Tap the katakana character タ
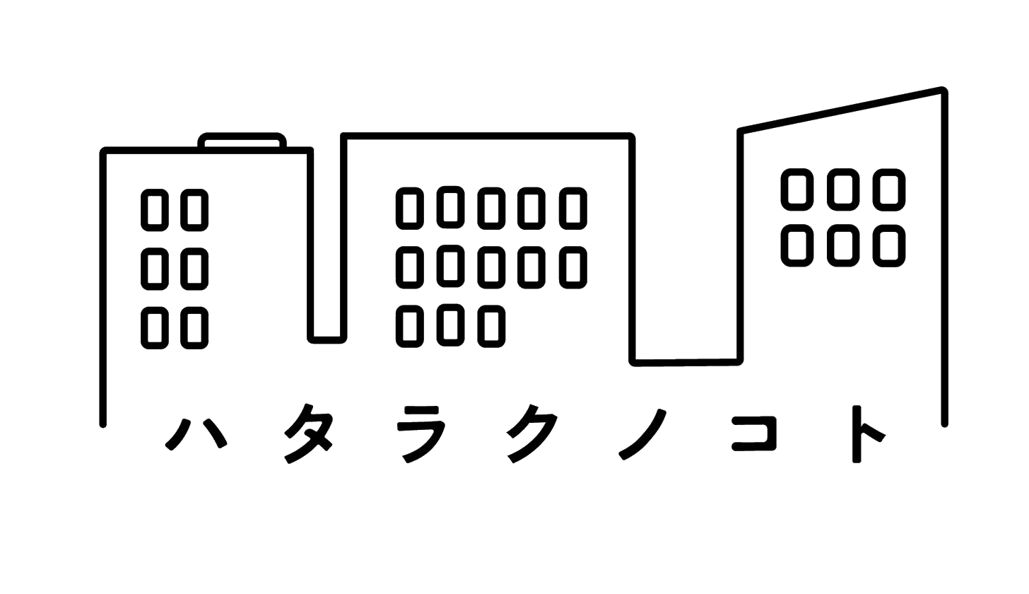pyautogui.click(x=309, y=433)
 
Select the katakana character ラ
pyautogui.click(x=422, y=434)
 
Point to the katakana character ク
pyautogui.click(x=533, y=433)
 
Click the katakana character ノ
pyautogui.click(x=642, y=434)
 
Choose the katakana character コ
pyautogui.click(x=754, y=433)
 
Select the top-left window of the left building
pyautogui.click(x=155, y=209)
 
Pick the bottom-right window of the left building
pyautogui.click(x=194, y=328)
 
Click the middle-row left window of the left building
pyautogui.click(x=155, y=269)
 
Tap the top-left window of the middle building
pyautogui.click(x=410, y=208)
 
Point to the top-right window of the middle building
pyautogui.click(x=573, y=208)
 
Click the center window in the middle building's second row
pyautogui.click(x=492, y=267)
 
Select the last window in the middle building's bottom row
pyautogui.click(x=492, y=326)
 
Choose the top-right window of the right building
pyautogui.click(x=889, y=190)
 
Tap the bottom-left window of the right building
pyautogui.click(x=797, y=245)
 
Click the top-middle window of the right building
pyautogui.click(x=843, y=190)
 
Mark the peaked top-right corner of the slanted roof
pyautogui.click(x=943, y=90)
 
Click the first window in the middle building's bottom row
pyautogui.click(x=410, y=326)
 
